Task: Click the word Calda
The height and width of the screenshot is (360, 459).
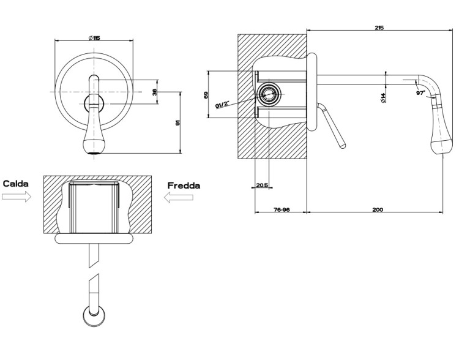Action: (16, 184)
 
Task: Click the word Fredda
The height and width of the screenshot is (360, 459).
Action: (184, 186)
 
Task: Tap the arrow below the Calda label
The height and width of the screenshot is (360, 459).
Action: (17, 197)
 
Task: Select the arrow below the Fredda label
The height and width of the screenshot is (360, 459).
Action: (178, 197)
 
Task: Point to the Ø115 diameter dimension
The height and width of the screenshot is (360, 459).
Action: (94, 38)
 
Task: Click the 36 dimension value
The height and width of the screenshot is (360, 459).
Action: (155, 92)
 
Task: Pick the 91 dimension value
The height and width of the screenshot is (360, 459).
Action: (177, 122)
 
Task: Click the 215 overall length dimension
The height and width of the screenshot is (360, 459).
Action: (379, 28)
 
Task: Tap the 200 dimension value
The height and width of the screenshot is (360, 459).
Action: (378, 210)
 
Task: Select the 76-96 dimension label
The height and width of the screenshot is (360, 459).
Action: (282, 210)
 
